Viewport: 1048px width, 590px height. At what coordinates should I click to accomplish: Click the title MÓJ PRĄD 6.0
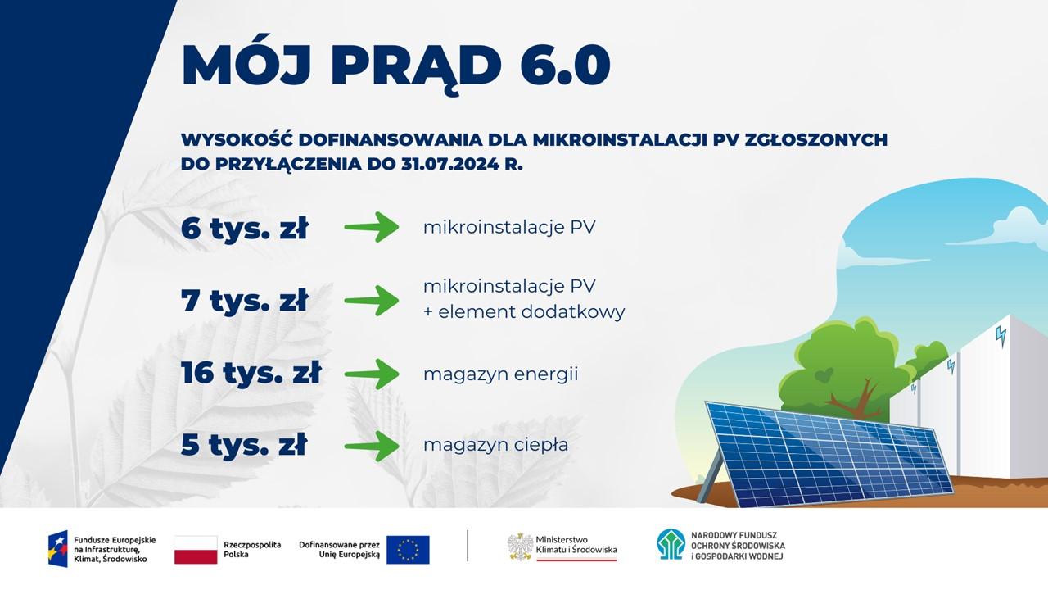(x=395, y=66)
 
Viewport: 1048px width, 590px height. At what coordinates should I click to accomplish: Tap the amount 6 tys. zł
(x=244, y=228)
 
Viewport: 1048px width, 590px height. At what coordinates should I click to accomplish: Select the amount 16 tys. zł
(x=251, y=373)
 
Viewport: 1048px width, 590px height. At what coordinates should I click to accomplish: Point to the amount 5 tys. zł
(x=244, y=444)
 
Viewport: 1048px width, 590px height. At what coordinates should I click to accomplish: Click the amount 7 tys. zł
(x=244, y=300)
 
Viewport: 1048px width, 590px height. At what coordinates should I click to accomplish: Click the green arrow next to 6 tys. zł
(x=372, y=227)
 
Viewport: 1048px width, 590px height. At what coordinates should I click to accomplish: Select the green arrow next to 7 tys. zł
(x=372, y=301)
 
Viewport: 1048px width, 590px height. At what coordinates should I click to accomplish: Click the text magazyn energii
(x=500, y=374)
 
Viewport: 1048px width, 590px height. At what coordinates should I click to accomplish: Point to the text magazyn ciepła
(x=496, y=445)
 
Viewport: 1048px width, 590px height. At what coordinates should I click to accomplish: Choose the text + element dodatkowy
(x=524, y=312)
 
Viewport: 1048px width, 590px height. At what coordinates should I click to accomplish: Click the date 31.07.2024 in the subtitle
(x=449, y=165)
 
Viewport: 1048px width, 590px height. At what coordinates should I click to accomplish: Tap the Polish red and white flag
(x=196, y=550)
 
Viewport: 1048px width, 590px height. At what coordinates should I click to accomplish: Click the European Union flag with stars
(x=408, y=550)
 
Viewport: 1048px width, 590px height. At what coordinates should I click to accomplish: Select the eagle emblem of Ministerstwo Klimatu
(x=520, y=547)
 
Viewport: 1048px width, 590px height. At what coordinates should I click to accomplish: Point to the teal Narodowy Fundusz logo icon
(x=671, y=544)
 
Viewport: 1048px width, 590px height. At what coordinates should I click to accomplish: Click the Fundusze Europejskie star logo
(x=58, y=549)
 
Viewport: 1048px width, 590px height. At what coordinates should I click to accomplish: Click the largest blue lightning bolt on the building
(x=1001, y=337)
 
